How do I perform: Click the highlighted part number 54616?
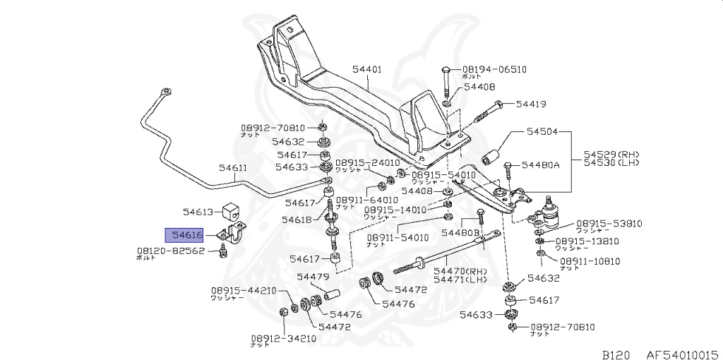coord(184,234)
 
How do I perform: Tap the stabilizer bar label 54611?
coord(232,168)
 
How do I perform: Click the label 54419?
coord(530,104)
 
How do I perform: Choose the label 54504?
coord(542,132)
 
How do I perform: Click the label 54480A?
coord(540,165)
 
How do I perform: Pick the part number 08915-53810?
coord(609,223)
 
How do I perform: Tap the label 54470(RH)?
coord(460,270)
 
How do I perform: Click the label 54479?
coord(313,277)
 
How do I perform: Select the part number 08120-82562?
coord(170,251)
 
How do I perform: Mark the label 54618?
coord(296,220)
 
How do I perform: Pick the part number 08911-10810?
coord(590,261)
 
